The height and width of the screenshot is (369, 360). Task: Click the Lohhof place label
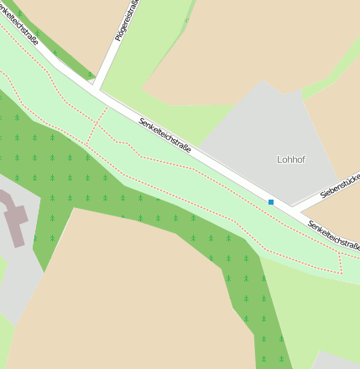tap(290, 159)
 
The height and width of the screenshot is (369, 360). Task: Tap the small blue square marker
tap(271, 202)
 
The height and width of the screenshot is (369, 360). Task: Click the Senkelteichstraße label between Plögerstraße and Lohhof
tap(164, 135)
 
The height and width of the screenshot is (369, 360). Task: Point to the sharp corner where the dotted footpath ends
tap(342, 273)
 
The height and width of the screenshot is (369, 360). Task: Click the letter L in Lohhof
tap(279, 159)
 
